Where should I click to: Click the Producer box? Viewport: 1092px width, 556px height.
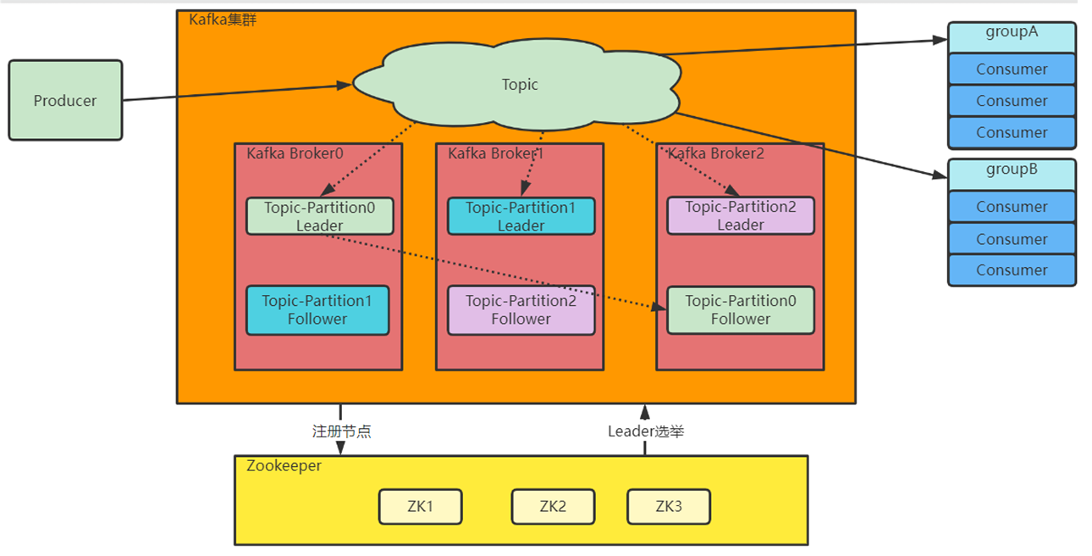(x=65, y=100)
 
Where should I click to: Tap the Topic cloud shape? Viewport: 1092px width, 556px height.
(x=520, y=84)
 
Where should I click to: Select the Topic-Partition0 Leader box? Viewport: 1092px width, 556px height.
(x=319, y=216)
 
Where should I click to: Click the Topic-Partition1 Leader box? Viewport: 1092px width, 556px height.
(x=521, y=216)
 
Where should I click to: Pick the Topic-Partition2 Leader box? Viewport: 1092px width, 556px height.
(x=741, y=215)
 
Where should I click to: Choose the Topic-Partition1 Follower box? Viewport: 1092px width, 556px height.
(x=317, y=309)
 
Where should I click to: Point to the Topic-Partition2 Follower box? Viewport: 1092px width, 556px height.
(x=521, y=309)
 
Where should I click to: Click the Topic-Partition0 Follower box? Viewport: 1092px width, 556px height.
(x=741, y=309)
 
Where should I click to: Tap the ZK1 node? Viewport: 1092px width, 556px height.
(x=420, y=507)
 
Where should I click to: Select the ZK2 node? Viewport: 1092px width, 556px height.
(x=553, y=507)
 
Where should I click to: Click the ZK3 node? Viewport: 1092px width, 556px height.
(x=668, y=507)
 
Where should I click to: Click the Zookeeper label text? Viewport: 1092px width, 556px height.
(x=284, y=465)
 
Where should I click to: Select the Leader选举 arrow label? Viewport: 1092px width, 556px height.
(x=646, y=431)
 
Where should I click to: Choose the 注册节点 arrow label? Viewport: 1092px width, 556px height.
(x=341, y=431)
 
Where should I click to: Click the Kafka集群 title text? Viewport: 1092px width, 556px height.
(x=223, y=19)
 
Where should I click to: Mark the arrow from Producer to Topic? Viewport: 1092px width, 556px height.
(x=237, y=92)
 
